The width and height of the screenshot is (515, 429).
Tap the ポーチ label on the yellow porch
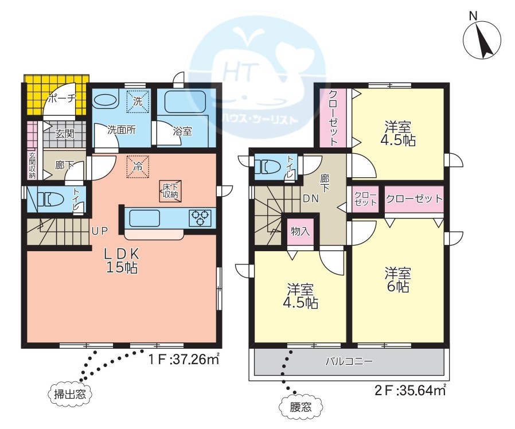[x=62, y=99]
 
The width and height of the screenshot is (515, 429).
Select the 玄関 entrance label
[x=64, y=134]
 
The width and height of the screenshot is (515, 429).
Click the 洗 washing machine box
[x=138, y=102]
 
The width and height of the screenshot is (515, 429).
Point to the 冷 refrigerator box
[x=138, y=166]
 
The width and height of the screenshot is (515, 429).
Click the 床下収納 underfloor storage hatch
[x=170, y=190]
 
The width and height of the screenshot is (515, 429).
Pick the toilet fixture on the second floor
[x=268, y=166]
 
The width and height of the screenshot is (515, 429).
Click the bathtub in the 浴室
[x=185, y=102]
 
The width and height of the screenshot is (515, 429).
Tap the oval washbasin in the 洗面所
[x=106, y=101]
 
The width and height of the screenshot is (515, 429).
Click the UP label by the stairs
[x=100, y=231]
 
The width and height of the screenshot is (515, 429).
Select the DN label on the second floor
[x=310, y=198]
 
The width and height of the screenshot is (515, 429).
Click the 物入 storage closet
[x=300, y=231]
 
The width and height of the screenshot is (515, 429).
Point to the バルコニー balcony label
[x=349, y=362]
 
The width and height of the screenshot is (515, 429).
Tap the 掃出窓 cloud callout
[x=69, y=393]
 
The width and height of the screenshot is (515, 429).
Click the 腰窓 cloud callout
[x=300, y=407]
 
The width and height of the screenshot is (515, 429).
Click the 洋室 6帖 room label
[x=398, y=280]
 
